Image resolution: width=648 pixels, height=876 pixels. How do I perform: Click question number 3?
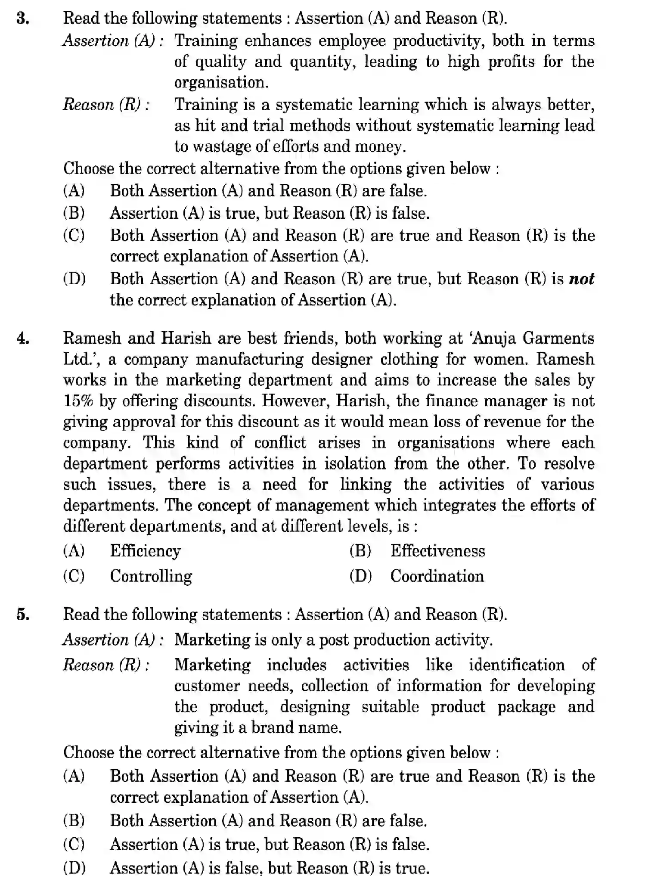23,19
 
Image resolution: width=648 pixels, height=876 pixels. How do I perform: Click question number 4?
23,339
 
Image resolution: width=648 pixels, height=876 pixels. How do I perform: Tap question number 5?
23,614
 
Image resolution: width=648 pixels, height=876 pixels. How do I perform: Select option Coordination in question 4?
437,576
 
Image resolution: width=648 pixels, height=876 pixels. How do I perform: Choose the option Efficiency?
145,551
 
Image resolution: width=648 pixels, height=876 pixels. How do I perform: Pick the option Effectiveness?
437,551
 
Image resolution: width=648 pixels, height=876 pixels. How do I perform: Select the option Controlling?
151,576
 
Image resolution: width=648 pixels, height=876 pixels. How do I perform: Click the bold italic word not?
581,279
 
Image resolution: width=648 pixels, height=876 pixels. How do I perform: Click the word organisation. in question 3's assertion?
221,83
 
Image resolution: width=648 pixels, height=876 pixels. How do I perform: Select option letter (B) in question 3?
74,213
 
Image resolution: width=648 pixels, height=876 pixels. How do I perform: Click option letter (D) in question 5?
74,867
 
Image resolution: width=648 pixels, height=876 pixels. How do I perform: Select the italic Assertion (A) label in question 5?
112,640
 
